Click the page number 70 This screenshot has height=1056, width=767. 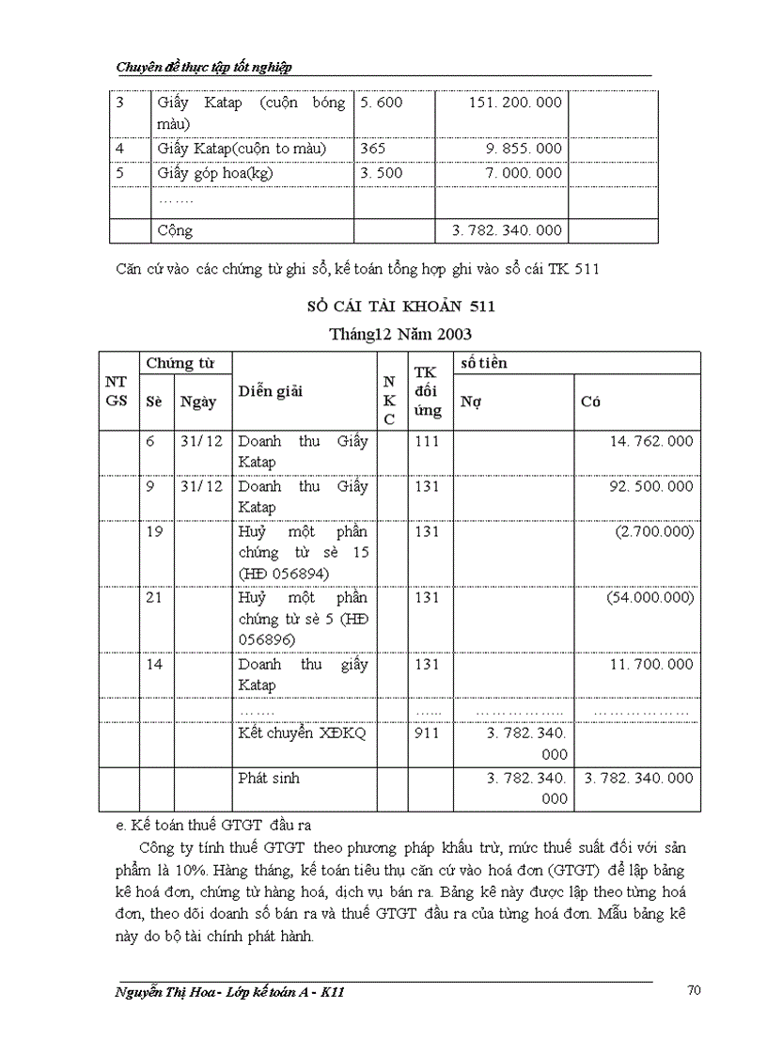pos(694,990)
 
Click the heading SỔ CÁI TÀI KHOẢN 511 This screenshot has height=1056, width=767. pos(401,307)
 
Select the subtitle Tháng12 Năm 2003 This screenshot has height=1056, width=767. pos(400,334)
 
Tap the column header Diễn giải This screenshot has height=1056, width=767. pos(271,392)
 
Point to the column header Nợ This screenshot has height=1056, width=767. pos(471,402)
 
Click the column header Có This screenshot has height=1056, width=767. pos(590,402)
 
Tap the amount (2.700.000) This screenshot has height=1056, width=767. pos(654,531)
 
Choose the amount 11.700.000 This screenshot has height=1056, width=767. pos(650,664)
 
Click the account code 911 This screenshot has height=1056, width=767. pos(427,733)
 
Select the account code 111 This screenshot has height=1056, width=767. pos(427,441)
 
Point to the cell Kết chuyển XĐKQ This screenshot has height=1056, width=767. pos(289,733)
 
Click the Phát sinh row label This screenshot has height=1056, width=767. pos(269,779)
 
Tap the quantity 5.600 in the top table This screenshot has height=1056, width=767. pos(381,102)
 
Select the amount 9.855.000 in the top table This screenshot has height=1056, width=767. pos(524,149)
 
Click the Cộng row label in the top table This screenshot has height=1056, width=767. pos(175,230)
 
